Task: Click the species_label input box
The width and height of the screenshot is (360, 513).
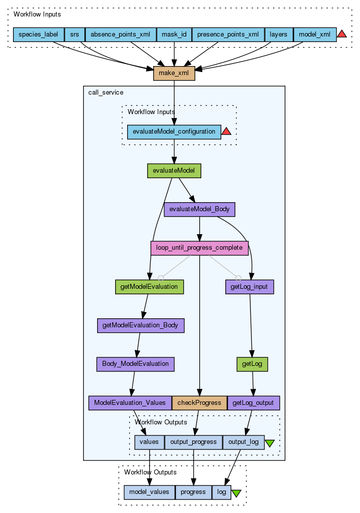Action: (x=39, y=35)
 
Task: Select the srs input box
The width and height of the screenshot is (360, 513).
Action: (x=75, y=35)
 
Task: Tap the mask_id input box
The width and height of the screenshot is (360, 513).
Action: (x=174, y=35)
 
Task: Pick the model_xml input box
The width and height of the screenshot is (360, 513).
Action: (x=314, y=35)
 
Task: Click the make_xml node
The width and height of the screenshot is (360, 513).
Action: (x=174, y=74)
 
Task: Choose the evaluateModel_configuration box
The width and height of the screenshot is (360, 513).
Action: (x=174, y=132)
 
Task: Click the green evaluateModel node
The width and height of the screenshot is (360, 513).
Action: (x=174, y=171)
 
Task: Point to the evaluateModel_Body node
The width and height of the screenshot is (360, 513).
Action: (x=199, y=209)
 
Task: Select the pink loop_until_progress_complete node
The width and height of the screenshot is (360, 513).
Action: (x=199, y=248)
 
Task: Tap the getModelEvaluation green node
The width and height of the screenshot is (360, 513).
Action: (x=149, y=287)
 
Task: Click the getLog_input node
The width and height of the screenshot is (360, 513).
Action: (x=250, y=287)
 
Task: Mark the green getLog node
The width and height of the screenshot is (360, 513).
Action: (x=252, y=364)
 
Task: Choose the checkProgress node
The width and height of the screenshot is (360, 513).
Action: (x=199, y=403)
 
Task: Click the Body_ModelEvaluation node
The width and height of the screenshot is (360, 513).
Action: (x=135, y=364)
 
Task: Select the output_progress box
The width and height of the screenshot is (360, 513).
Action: (x=193, y=442)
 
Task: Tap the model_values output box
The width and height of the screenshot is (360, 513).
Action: (x=149, y=492)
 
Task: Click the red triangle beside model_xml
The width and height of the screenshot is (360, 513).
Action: (x=341, y=34)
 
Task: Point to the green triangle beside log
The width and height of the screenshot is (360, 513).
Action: (x=236, y=493)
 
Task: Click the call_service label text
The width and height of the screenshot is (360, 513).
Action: (x=106, y=93)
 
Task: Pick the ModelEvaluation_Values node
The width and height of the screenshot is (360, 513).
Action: (x=130, y=403)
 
